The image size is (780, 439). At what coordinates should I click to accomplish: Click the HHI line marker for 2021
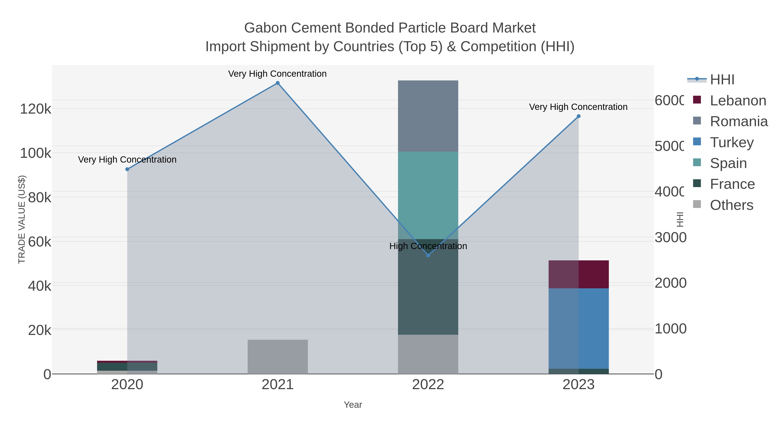click(277, 83)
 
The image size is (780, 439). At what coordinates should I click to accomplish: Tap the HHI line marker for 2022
click(428, 255)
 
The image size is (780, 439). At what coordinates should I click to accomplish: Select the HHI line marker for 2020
click(127, 169)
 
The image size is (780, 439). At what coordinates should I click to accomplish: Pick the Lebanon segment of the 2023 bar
click(578, 274)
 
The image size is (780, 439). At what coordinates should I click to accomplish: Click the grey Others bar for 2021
click(277, 357)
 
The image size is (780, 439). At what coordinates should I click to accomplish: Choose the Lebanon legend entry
click(738, 101)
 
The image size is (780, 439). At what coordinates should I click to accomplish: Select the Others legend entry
click(731, 205)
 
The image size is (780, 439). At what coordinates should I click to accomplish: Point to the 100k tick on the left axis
click(36, 153)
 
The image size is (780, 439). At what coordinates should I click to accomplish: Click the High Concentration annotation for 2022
click(428, 246)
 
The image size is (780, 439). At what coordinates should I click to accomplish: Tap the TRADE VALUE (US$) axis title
click(22, 219)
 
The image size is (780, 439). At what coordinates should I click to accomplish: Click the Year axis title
click(353, 405)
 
